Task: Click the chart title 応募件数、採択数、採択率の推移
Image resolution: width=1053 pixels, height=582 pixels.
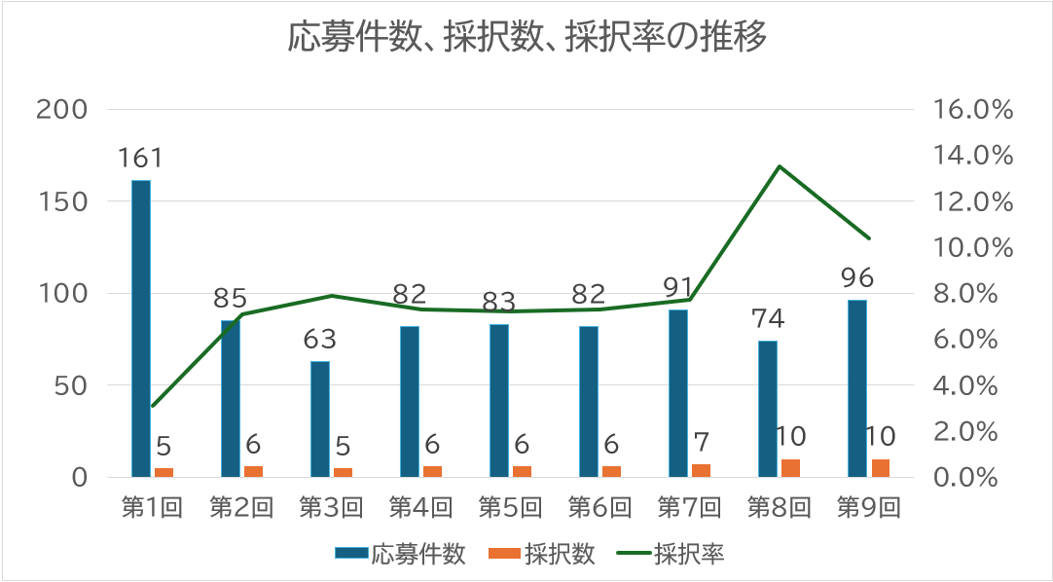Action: (x=526, y=38)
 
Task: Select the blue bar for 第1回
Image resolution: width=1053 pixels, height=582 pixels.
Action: (x=141, y=329)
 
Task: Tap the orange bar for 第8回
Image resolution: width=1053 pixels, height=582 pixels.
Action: (x=790, y=468)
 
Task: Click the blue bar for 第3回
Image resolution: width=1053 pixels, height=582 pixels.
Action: (x=320, y=419)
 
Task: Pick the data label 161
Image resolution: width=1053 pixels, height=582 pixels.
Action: (x=141, y=158)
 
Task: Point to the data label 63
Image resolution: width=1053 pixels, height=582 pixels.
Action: (x=319, y=340)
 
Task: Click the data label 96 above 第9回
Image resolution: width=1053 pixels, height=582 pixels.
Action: (x=856, y=278)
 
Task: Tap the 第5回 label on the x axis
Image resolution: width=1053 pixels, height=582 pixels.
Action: (x=511, y=507)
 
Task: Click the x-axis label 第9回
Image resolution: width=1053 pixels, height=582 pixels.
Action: (x=869, y=507)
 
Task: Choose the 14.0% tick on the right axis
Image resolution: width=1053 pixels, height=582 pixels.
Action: (x=973, y=156)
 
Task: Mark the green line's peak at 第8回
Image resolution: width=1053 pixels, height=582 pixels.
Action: (x=780, y=166)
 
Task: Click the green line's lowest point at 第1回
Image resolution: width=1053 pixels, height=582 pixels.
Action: (x=153, y=406)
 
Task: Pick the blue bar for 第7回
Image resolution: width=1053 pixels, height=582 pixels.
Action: (x=678, y=393)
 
